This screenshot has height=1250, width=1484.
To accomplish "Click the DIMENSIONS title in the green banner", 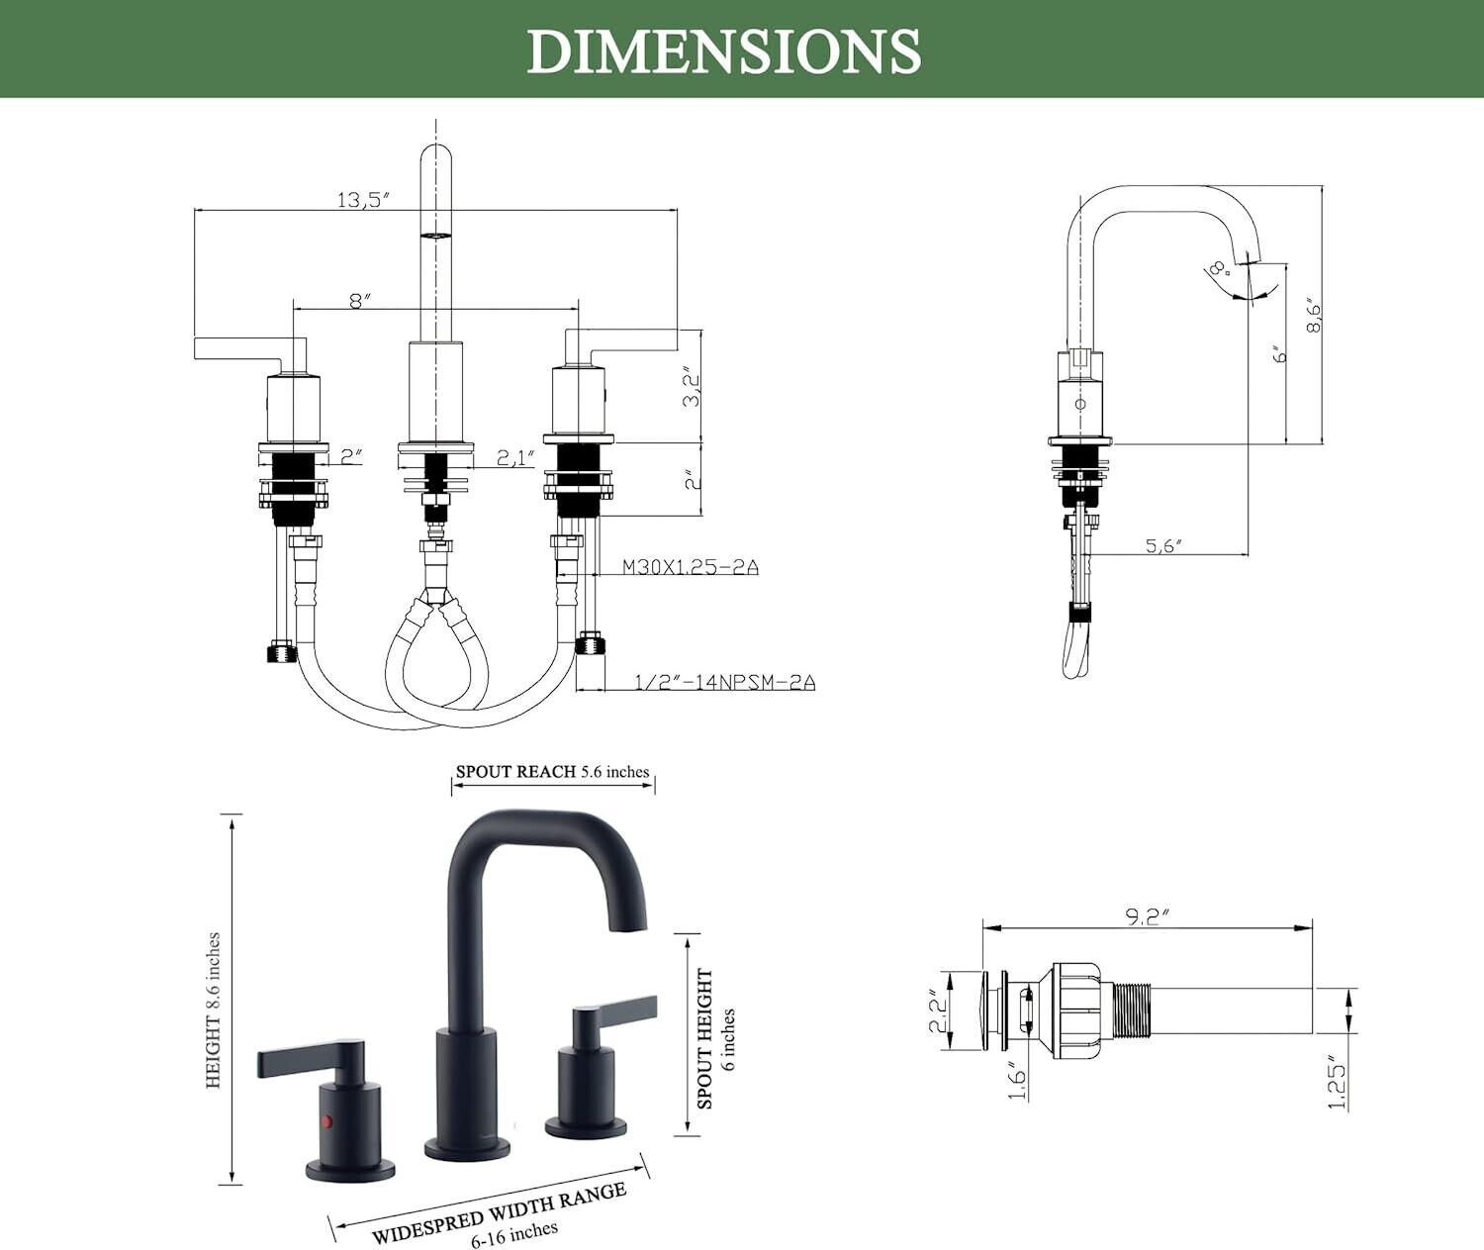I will point(723,50).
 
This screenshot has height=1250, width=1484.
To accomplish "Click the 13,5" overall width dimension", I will point(363,199).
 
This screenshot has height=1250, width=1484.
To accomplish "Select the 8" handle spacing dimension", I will point(360,300).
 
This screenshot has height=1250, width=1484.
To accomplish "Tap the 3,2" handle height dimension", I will point(692,387).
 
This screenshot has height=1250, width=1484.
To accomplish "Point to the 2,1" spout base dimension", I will point(515,457).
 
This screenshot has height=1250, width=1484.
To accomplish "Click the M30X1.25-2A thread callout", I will point(690,567).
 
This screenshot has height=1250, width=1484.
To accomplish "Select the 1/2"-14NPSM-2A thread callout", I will point(724,681).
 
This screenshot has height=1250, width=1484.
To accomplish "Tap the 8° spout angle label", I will point(1218,268).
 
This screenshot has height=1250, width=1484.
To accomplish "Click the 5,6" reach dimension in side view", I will point(1163,545).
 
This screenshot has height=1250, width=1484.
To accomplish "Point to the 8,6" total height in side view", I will point(1313,315).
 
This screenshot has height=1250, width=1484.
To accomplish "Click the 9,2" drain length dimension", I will point(1147,916).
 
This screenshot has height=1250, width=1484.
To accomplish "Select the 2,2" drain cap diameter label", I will point(938,1012).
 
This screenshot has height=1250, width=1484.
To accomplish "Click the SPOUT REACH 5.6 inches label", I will point(552,772).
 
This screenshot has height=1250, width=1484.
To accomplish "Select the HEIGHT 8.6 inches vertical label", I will point(213,1010).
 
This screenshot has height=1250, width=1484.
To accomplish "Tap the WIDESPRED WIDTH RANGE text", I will point(499,1212).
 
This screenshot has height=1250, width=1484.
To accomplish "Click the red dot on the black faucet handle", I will point(327,1123).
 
